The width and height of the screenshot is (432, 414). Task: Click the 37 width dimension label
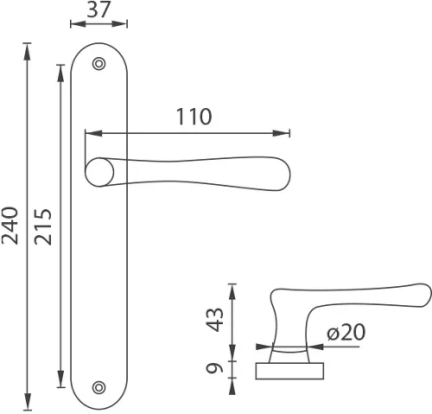98,10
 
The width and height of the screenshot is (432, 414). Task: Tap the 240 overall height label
10,226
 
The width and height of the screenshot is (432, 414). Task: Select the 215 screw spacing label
43,226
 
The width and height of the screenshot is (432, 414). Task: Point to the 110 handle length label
194,117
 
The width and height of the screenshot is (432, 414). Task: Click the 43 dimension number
214,320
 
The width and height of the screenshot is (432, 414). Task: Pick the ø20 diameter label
346,332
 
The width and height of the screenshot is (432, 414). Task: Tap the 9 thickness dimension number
214,368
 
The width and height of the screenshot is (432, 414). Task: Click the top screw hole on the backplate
98,64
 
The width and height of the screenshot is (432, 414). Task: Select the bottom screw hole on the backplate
98,387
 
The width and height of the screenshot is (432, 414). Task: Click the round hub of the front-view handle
99,172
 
